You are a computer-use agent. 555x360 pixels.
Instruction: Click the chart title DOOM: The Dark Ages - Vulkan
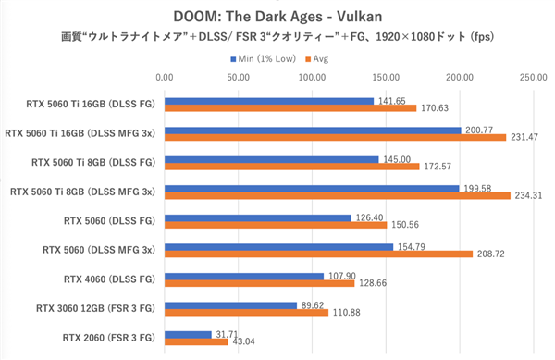[277, 15]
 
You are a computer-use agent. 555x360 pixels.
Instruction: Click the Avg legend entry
[319, 58]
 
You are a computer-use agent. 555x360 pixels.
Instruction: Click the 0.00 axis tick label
[164, 78]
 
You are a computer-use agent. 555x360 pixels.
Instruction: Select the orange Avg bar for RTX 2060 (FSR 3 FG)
[195, 342]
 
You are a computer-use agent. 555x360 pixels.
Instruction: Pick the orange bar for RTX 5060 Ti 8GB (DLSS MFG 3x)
[337, 195]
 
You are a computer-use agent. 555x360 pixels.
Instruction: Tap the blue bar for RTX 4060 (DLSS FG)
[243, 275]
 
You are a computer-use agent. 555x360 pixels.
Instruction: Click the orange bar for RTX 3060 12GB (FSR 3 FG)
[245, 313]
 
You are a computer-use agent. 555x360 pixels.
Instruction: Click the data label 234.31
[526, 195]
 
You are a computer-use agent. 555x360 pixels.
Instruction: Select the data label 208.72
[488, 254]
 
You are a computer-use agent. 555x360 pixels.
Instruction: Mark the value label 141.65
[388, 99]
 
